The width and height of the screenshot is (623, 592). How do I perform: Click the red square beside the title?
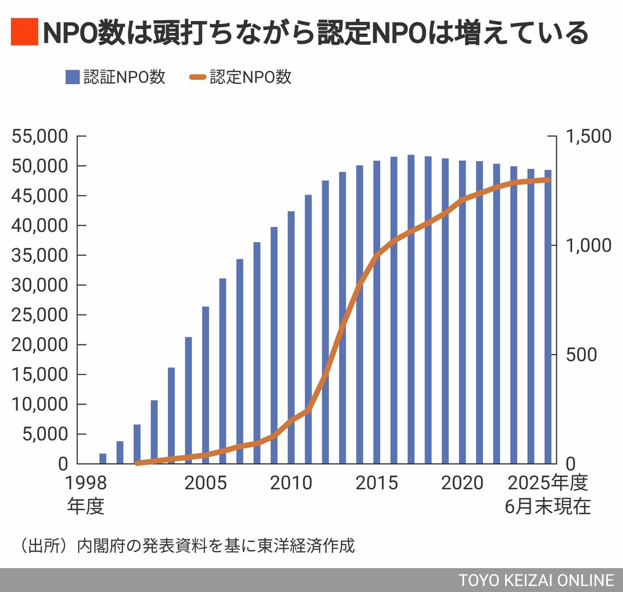pos(24,32)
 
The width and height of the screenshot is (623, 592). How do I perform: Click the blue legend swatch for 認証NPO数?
pos(72,77)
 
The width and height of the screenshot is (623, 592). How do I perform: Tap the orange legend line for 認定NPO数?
pos(197,77)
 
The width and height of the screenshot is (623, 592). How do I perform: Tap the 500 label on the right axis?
pos(581,355)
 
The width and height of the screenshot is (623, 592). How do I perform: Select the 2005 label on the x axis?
pos(205,483)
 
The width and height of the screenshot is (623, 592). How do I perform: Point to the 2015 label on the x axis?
pos(377,483)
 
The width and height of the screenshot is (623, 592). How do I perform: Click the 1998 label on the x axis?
pos(86,483)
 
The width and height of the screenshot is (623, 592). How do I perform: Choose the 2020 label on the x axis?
pos(462,483)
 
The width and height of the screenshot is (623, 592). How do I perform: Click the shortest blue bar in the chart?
pos(103,459)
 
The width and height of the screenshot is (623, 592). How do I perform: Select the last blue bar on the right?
pos(548,317)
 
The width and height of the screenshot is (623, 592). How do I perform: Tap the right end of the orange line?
pos(548,179)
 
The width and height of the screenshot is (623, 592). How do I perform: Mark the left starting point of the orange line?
pos(137,463)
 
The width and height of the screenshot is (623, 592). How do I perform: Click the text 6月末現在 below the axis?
pos(548,507)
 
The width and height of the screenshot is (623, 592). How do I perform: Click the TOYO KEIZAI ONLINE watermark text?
pos(536,580)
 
